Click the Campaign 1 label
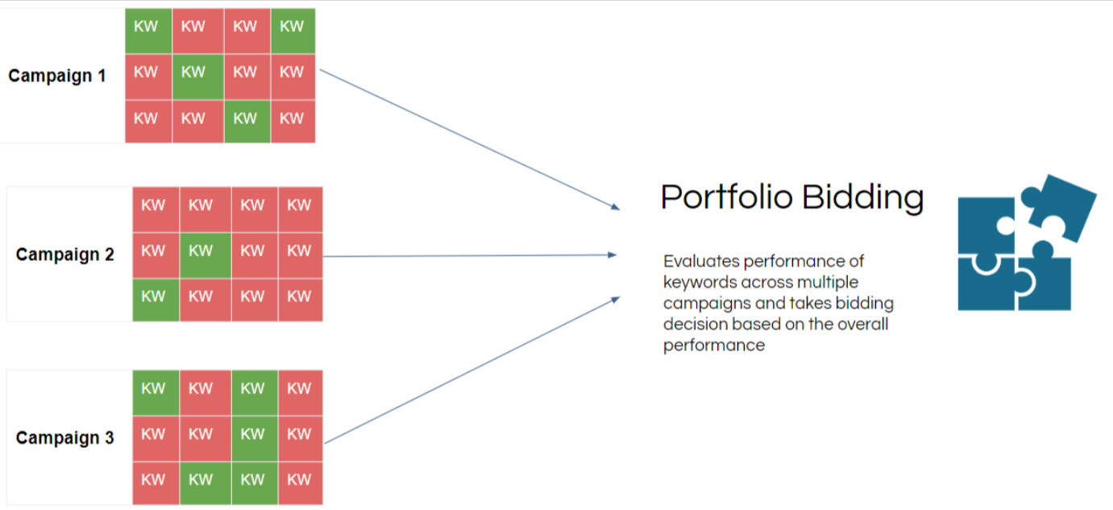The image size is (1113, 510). pyautogui.click(x=57, y=76)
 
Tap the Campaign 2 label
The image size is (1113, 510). pyautogui.click(x=65, y=255)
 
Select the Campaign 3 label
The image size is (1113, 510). pyautogui.click(x=65, y=438)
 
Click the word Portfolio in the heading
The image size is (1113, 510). pyautogui.click(x=726, y=197)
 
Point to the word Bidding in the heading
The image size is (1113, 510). pyautogui.click(x=863, y=198)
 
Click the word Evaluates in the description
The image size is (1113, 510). pyautogui.click(x=701, y=261)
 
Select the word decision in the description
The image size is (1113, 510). pyautogui.click(x=696, y=324)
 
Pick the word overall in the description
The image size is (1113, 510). pyautogui.click(x=862, y=324)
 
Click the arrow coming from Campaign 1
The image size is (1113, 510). pyautogui.click(x=470, y=139)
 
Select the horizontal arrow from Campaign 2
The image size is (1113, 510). pyautogui.click(x=470, y=255)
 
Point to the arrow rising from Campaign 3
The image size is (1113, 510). pyautogui.click(x=472, y=370)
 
